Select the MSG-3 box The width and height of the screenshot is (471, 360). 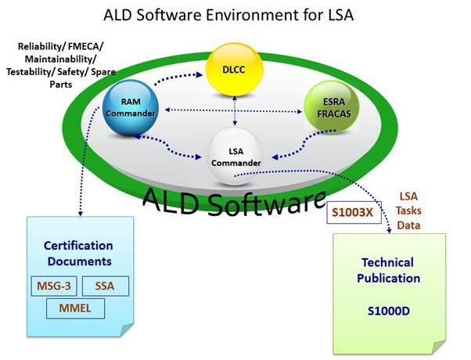(x=52, y=286)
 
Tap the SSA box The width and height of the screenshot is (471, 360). (x=104, y=286)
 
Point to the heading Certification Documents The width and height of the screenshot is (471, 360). (x=77, y=254)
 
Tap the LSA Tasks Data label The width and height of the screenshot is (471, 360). (x=410, y=210)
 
